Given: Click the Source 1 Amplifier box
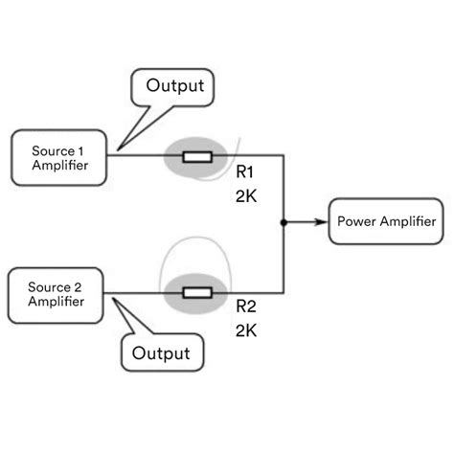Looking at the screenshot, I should tap(59, 157).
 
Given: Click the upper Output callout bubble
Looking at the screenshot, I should tap(174, 85).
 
